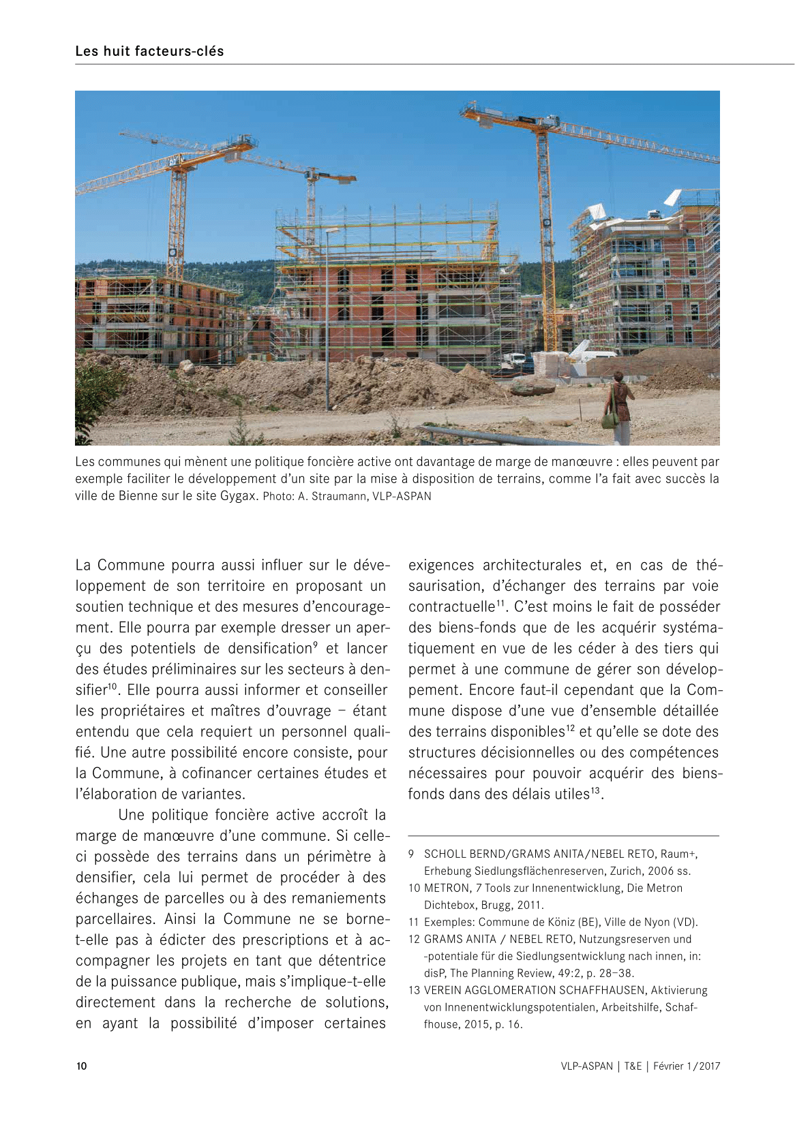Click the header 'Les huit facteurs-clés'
(149, 51)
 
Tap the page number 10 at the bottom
(81, 1066)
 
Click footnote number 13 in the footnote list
(414, 990)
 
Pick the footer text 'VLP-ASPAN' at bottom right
(586, 1066)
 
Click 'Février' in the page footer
(668, 1066)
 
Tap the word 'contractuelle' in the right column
(451, 607)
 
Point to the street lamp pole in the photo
(327, 320)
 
